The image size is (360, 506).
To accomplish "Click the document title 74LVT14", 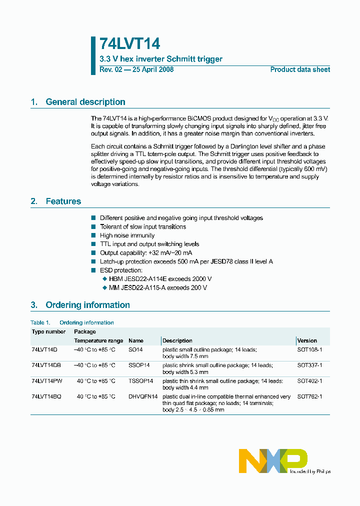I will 129,44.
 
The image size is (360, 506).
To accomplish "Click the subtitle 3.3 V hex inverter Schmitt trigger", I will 161,59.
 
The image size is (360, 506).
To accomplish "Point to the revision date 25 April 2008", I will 152,69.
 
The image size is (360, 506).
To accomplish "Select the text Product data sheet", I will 300,69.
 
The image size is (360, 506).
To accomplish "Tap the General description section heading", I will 85,102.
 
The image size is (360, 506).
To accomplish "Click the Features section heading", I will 63,201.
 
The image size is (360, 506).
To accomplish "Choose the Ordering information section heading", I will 87,305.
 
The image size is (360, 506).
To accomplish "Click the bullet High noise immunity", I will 127,235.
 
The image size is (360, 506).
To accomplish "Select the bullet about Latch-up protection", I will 186,261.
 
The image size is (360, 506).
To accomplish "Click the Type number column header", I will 48,331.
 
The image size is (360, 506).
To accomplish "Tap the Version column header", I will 307,340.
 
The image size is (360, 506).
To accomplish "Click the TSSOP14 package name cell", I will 140,381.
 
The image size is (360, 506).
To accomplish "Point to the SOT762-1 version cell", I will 309,396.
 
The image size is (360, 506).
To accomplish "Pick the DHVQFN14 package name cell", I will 143,396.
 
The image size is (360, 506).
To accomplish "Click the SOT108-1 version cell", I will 309,350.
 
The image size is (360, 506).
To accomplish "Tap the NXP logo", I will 273,460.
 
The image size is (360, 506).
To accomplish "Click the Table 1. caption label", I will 40,322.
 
